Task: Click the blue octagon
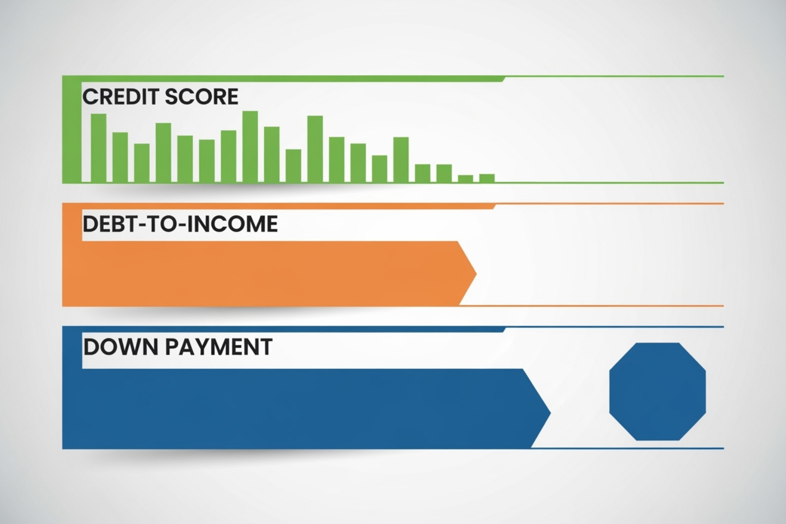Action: [x=657, y=391]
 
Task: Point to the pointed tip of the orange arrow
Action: [x=475, y=274]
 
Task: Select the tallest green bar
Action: [x=250, y=146]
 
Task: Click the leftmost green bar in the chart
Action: [x=98, y=148]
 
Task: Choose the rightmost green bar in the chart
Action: [x=487, y=178]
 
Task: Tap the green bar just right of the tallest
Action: [x=272, y=154]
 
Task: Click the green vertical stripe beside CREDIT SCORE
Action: [x=72, y=130]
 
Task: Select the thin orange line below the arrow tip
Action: [x=588, y=306]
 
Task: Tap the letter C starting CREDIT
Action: [x=89, y=97]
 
